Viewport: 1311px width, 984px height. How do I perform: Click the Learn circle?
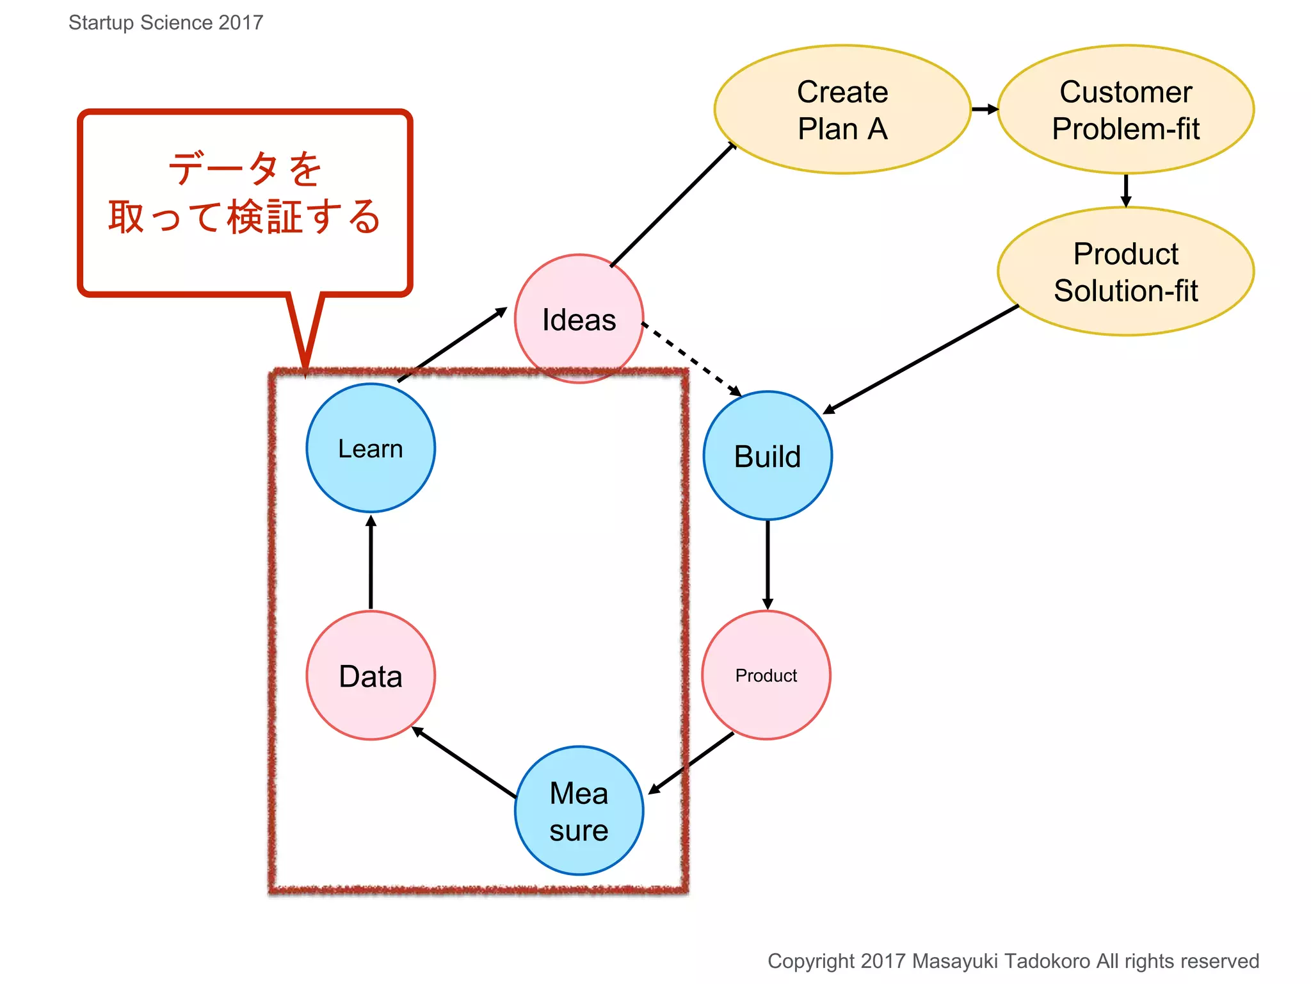[371, 448]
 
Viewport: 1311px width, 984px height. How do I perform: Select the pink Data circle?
[371, 675]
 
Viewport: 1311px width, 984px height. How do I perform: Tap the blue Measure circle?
[579, 810]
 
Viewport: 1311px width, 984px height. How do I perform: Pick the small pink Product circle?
[766, 675]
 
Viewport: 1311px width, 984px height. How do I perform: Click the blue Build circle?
[768, 455]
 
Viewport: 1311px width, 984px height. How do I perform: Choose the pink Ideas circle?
[579, 318]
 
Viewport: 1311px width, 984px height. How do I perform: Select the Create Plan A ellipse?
[842, 110]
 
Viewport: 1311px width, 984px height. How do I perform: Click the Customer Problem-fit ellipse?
[1125, 110]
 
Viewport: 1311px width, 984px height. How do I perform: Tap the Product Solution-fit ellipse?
[1125, 272]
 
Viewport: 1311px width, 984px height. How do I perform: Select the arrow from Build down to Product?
[768, 564]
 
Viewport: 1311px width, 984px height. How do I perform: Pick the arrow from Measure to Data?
[465, 762]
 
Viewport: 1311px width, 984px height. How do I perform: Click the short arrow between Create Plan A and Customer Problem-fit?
[985, 110]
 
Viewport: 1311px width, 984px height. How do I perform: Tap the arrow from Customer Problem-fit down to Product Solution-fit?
[1126, 190]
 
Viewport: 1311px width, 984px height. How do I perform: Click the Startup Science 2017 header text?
[166, 22]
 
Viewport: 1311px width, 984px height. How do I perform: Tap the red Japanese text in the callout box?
[245, 193]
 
